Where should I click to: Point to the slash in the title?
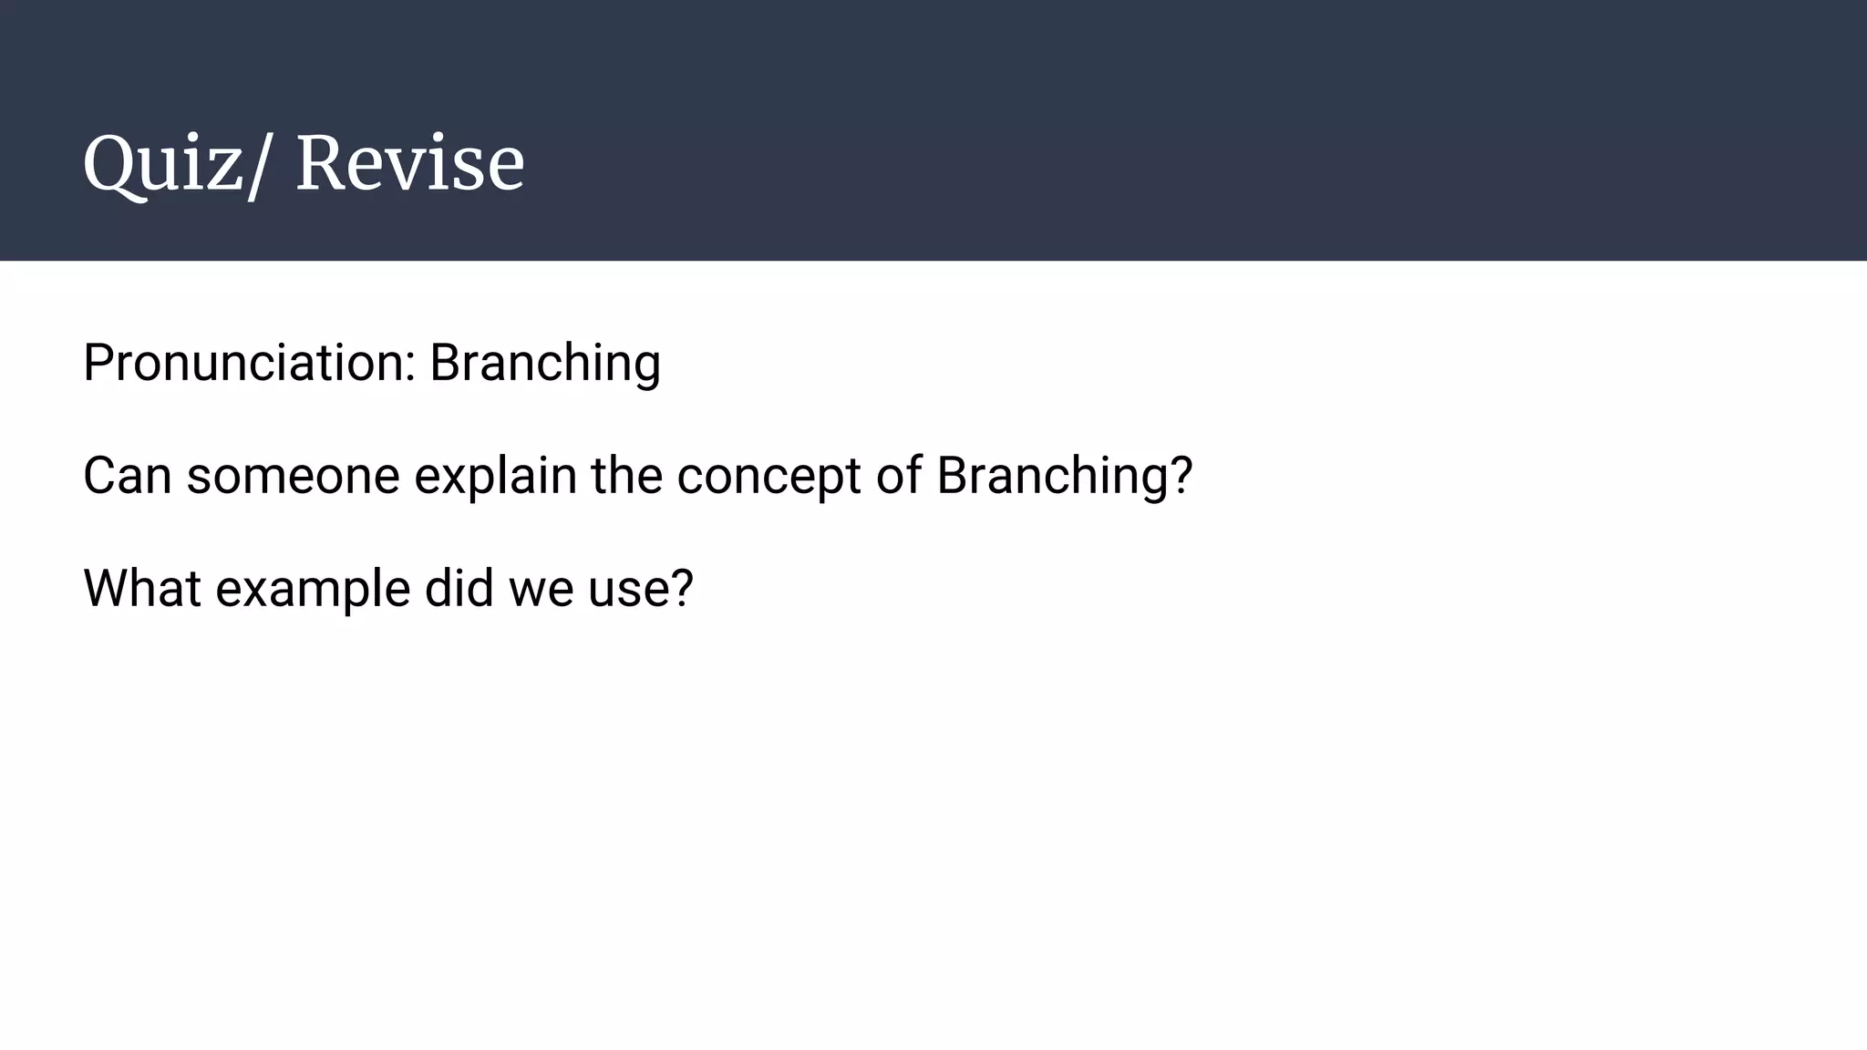[258, 166]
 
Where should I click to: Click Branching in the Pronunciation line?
[544, 363]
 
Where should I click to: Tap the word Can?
[127, 476]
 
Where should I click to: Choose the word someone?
[293, 476]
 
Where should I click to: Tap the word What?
[141, 588]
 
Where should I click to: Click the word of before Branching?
[898, 476]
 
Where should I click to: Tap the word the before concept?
[625, 476]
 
